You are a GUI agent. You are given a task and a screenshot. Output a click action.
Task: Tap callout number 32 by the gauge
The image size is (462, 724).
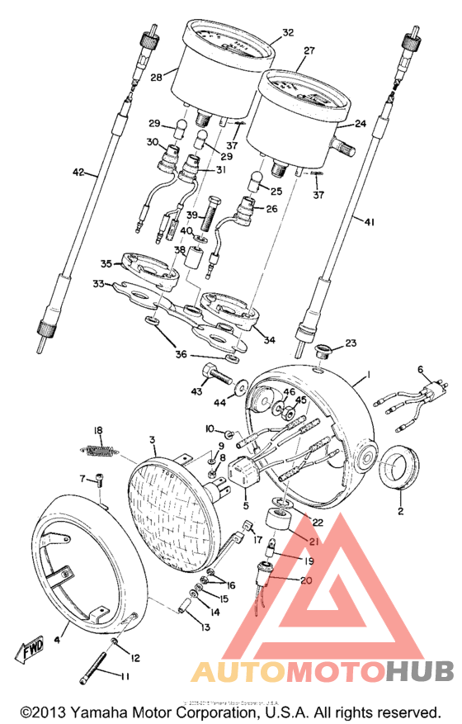pyautogui.click(x=287, y=33)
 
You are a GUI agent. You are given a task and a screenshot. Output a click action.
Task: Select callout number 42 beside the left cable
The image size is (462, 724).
pyautogui.click(x=78, y=173)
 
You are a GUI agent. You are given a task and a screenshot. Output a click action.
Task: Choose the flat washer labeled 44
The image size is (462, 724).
pyautogui.click(x=243, y=386)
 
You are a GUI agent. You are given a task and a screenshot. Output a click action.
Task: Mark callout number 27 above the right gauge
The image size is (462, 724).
pyautogui.click(x=309, y=50)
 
